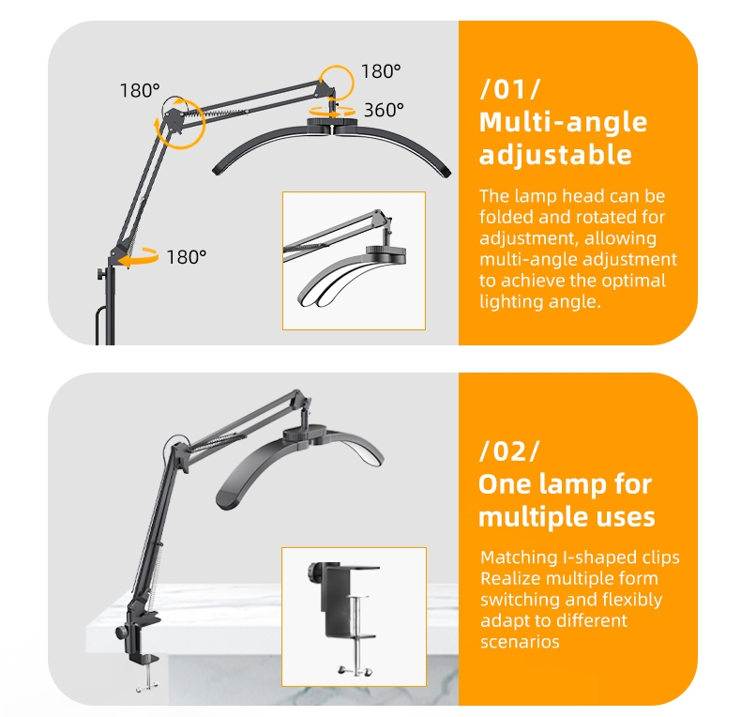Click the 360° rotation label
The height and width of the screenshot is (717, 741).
pos(384,110)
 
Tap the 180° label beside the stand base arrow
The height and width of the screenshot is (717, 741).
pos(187,257)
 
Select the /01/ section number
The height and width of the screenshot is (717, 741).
pos(510,89)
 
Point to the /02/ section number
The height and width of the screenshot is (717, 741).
pos(509,450)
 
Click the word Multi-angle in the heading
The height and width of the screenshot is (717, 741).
pos(563,123)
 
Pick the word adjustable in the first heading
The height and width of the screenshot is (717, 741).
pos(555,155)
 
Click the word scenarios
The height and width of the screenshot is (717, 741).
pos(520,642)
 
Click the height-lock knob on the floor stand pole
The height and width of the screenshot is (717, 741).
pos(101,273)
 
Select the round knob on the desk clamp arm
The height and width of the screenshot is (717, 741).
pos(121,632)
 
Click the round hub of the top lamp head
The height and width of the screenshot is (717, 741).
pos(333,124)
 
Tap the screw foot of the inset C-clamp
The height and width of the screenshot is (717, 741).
pos(355,670)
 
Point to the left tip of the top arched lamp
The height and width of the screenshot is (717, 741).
pos(217,170)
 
